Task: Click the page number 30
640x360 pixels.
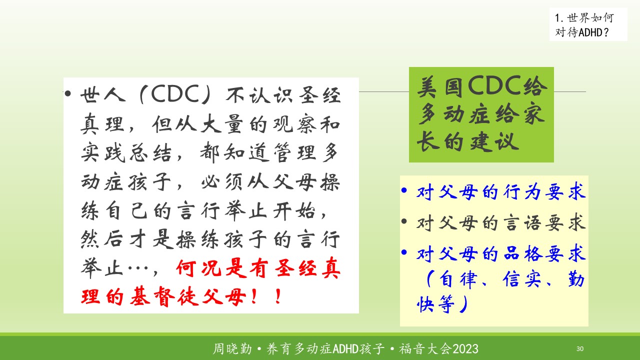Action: [579, 348]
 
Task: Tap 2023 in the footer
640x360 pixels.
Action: [465, 349]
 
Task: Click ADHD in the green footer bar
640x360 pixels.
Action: [345, 349]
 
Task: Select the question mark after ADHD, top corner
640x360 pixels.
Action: [605, 32]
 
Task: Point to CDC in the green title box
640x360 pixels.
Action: [495, 85]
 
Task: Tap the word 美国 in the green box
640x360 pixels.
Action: [440, 86]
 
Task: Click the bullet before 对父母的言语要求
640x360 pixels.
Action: [404, 221]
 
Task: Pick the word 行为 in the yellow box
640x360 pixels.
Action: [523, 191]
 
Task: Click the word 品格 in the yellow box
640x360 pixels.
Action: [523, 253]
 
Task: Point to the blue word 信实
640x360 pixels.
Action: [521, 279]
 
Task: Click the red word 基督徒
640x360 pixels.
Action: [164, 296]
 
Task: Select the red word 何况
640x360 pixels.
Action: [199, 268]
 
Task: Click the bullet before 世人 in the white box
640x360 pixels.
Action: [67, 93]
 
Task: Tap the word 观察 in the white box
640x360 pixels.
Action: [294, 124]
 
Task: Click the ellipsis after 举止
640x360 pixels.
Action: [138, 268]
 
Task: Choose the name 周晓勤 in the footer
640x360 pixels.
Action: [232, 349]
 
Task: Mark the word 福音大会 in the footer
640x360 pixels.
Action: [425, 349]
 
